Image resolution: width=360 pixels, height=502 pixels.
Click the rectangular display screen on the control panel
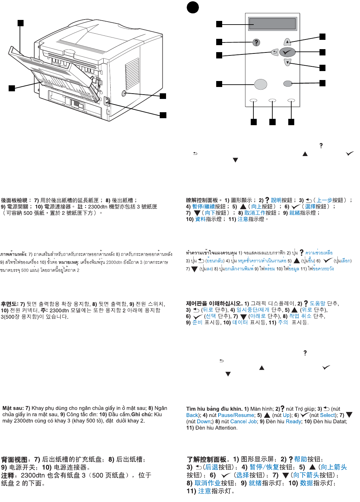point(272,24)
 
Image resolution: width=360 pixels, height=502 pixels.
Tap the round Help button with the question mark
point(256,42)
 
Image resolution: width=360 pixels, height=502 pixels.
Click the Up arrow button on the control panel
point(287,42)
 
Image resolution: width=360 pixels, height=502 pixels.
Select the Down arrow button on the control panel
point(288,62)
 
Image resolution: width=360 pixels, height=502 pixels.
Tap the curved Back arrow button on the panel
point(275,52)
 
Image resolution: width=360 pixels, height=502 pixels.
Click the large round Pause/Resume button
point(261,84)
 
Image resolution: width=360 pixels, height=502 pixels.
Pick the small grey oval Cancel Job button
point(288,84)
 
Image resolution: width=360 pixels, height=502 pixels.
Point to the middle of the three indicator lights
point(272,100)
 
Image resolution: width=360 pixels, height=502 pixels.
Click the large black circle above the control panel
point(193,7)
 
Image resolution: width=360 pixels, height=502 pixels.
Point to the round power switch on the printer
point(124,94)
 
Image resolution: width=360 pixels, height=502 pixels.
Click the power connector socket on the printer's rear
point(107,101)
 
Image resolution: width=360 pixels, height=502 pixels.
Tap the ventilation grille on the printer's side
point(132,74)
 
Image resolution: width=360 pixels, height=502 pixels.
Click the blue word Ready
point(293,421)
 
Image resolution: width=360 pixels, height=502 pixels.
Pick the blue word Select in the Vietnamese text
point(327,415)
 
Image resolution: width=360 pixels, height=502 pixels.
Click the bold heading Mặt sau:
point(13,408)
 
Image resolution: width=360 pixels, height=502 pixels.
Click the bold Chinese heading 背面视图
point(14,460)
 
